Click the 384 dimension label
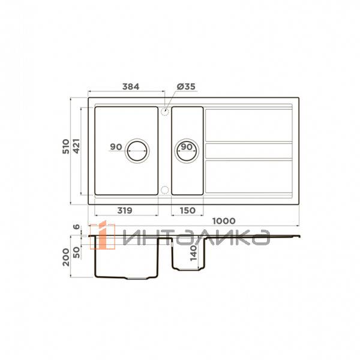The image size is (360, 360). pos(131,86)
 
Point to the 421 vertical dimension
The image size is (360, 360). pos(76,149)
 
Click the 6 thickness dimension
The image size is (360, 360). pos(76,227)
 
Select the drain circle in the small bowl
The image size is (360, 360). pos(187,149)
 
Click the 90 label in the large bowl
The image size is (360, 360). pos(116,147)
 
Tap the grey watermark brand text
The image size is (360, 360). pos(195,238)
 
